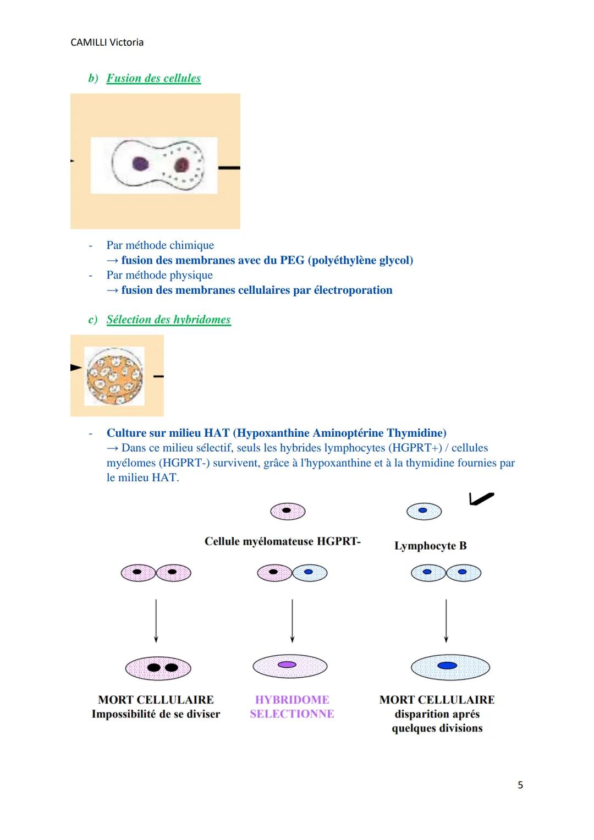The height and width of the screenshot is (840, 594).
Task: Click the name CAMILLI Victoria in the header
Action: pyautogui.click(x=107, y=42)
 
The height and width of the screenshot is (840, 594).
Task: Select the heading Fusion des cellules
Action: pyautogui.click(x=153, y=78)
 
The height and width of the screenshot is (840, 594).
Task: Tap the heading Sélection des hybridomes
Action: pyautogui.click(x=168, y=320)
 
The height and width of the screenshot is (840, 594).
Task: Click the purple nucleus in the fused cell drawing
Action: pyautogui.click(x=140, y=163)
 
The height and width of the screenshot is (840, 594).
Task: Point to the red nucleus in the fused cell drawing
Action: pyautogui.click(x=181, y=164)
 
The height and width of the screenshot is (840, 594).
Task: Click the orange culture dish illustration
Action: pyautogui.click(x=114, y=376)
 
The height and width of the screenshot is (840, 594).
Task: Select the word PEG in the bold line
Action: pyautogui.click(x=291, y=260)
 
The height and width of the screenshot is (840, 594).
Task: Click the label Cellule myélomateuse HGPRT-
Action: pyautogui.click(x=282, y=541)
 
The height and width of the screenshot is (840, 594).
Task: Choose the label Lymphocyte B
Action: pyautogui.click(x=430, y=546)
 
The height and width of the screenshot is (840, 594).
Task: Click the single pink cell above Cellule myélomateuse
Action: pyautogui.click(x=287, y=511)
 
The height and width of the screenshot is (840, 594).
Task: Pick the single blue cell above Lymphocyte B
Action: pyautogui.click(x=424, y=511)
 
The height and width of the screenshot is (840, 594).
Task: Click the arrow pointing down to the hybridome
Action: pyautogui.click(x=292, y=620)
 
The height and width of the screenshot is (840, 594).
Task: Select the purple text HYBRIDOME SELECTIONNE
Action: pyautogui.click(x=291, y=707)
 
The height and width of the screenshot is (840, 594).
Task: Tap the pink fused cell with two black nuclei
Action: pyautogui.click(x=158, y=668)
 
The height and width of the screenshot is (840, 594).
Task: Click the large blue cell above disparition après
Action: pyautogui.click(x=450, y=667)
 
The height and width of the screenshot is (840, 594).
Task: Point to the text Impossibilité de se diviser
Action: pyautogui.click(x=156, y=714)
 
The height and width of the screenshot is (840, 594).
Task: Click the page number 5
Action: pyautogui.click(x=520, y=785)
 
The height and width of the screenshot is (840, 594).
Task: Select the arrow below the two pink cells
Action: pyautogui.click(x=156, y=620)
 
